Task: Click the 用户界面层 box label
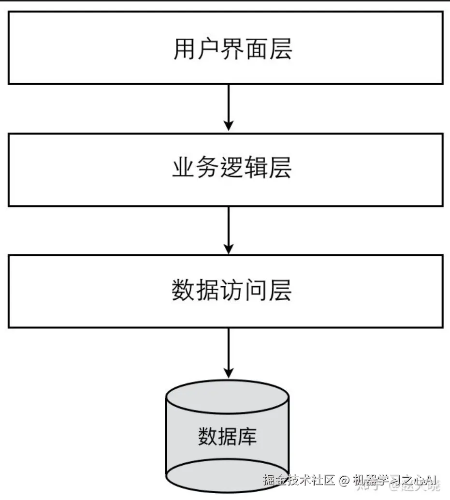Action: click(x=232, y=49)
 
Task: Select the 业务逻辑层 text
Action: click(x=232, y=168)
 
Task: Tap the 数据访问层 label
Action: click(x=232, y=291)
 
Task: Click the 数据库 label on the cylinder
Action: click(x=227, y=436)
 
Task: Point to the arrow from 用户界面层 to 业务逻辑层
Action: click(x=229, y=107)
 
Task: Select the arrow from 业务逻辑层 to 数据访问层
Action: click(x=229, y=230)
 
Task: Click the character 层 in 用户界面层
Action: click(x=280, y=49)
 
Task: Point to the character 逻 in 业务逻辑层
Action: click(x=232, y=168)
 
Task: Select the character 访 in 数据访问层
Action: click(x=232, y=291)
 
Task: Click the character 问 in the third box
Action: click(x=256, y=291)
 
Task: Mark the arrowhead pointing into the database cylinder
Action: click(x=229, y=371)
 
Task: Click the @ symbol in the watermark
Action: click(x=344, y=481)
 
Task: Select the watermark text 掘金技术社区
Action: click(x=299, y=481)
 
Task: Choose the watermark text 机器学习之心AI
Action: click(x=394, y=481)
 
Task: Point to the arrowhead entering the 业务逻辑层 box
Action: click(x=229, y=125)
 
